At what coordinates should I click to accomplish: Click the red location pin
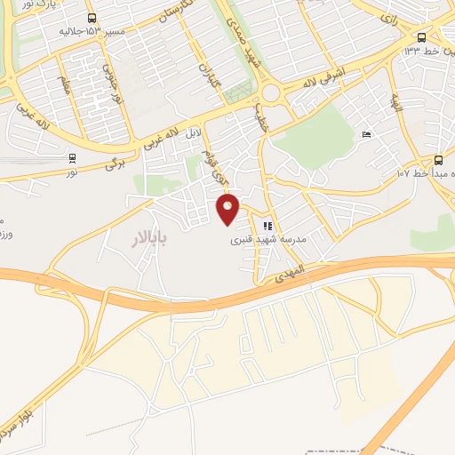[228, 209]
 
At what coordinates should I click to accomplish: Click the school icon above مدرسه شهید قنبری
[268, 226]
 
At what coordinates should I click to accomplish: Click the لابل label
[195, 137]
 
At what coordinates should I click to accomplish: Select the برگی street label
[113, 164]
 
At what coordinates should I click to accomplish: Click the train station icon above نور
[71, 158]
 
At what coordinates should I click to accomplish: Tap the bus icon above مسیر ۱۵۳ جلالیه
[92, 18]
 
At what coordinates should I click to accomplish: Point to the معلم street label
[64, 85]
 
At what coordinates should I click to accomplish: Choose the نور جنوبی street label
[106, 79]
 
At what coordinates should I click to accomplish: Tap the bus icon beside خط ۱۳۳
[421, 37]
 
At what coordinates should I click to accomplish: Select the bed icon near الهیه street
[366, 135]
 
